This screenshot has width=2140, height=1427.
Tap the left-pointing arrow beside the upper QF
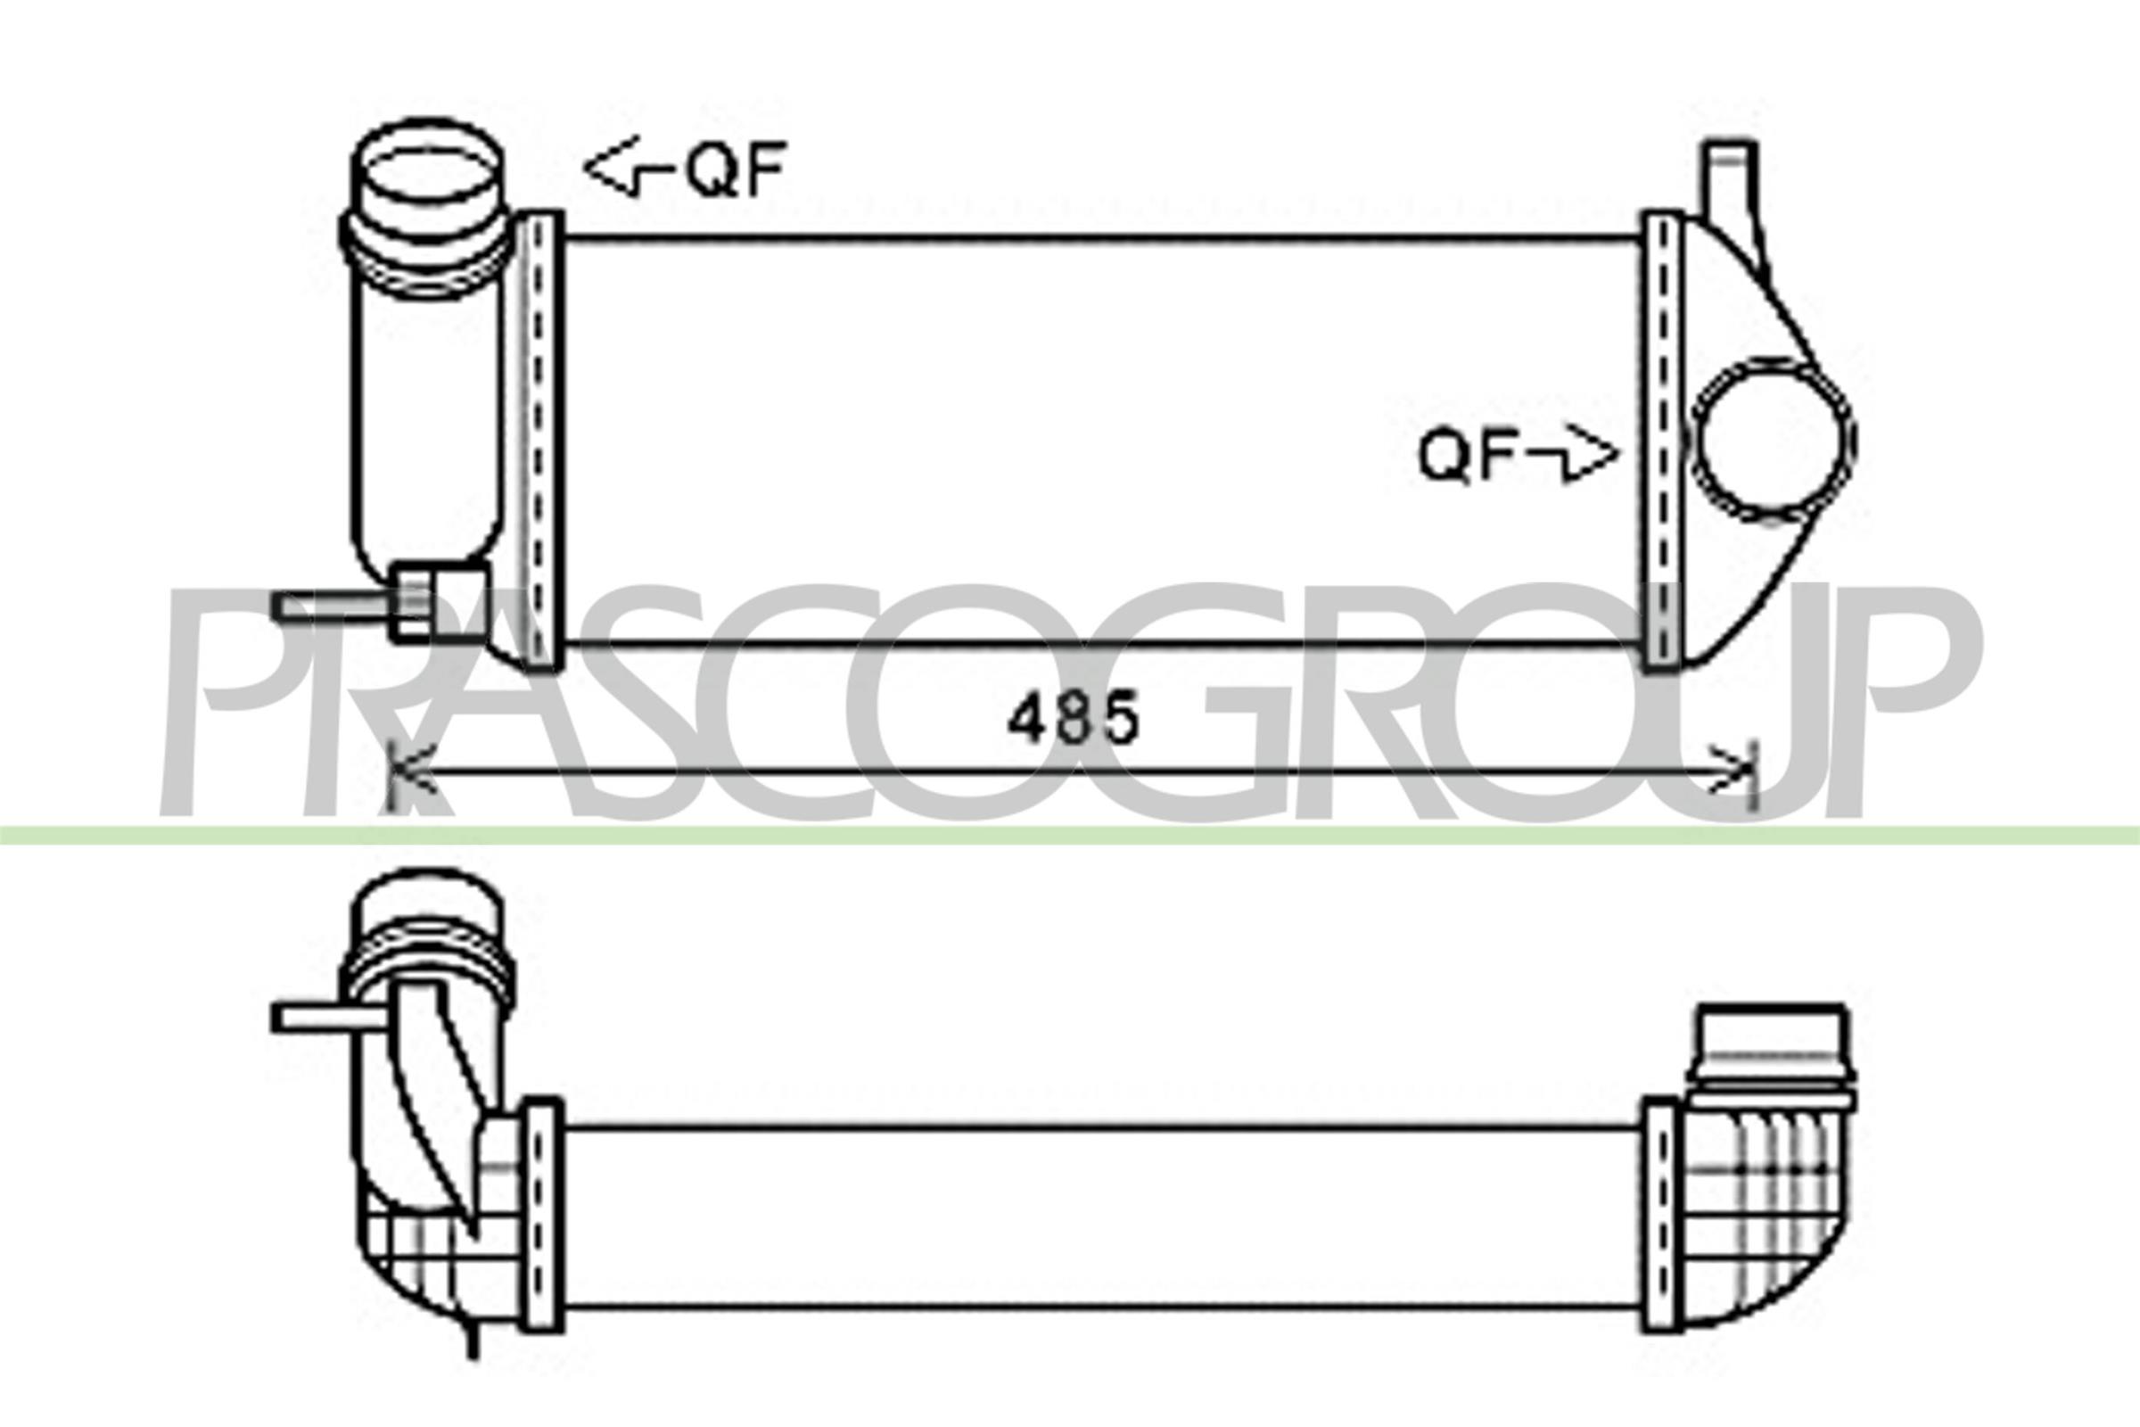[x=625, y=168]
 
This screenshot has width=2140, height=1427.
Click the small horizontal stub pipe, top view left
[x=332, y=606]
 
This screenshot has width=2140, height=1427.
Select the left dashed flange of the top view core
[x=540, y=441]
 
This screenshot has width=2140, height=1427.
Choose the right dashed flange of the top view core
[x=1662, y=442]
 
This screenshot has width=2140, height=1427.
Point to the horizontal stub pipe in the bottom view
[x=329, y=1017]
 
